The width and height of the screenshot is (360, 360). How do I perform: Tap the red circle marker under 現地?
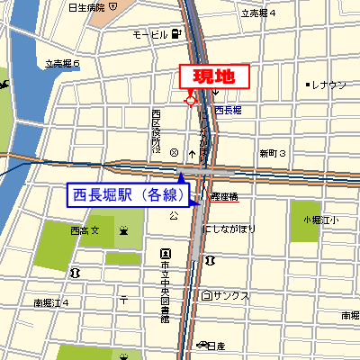[x=190, y=101]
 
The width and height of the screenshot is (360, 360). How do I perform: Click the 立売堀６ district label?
[x=62, y=64]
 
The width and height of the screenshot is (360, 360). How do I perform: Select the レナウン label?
[x=329, y=85]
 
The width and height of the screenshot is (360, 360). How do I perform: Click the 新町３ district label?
[x=271, y=154]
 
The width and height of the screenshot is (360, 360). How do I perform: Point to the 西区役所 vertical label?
[x=156, y=130]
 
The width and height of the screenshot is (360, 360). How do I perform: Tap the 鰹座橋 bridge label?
[x=223, y=195]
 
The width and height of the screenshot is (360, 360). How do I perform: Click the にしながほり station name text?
[x=229, y=229]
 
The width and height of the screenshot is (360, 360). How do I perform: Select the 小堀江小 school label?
[x=319, y=219]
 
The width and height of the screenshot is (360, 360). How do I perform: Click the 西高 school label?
[x=83, y=231]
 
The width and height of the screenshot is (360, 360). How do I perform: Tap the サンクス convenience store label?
[x=230, y=295]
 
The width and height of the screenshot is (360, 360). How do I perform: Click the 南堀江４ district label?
[x=51, y=302]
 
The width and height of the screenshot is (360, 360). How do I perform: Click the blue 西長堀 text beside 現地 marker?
[x=228, y=110]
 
